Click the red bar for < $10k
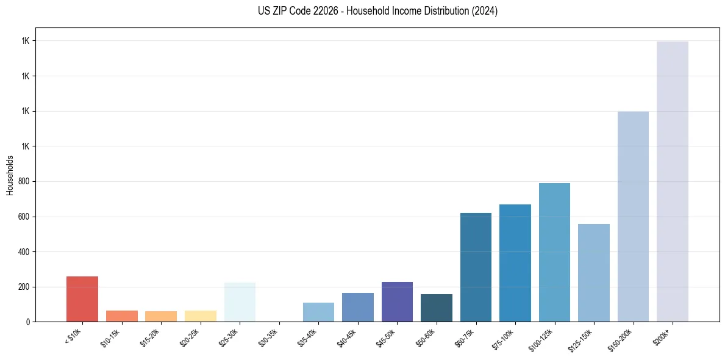(x=82, y=299)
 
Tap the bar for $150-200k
(x=633, y=217)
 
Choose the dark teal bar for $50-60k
(x=437, y=308)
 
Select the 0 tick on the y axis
(x=28, y=322)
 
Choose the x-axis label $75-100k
(x=503, y=338)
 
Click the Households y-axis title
(x=10, y=175)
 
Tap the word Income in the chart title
(x=397, y=11)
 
